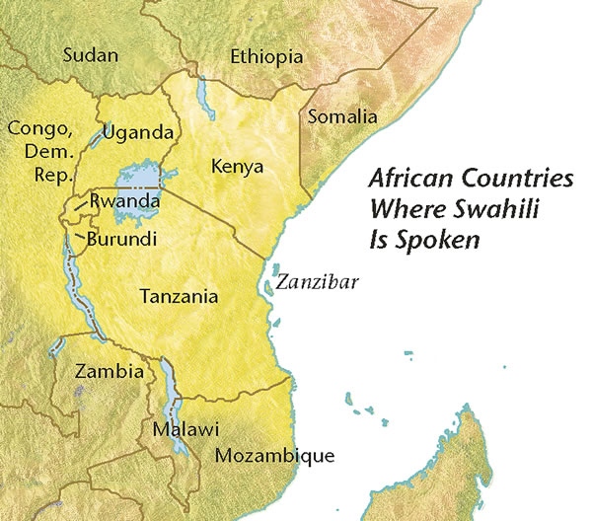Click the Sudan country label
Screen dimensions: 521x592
pos(89,55)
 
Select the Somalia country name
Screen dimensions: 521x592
pos(342,116)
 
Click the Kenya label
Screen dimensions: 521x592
pos(238,167)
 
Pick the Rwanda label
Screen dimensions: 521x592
pos(124,201)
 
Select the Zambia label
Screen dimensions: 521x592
pos(110,372)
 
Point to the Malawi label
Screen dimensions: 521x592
pos(185,430)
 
